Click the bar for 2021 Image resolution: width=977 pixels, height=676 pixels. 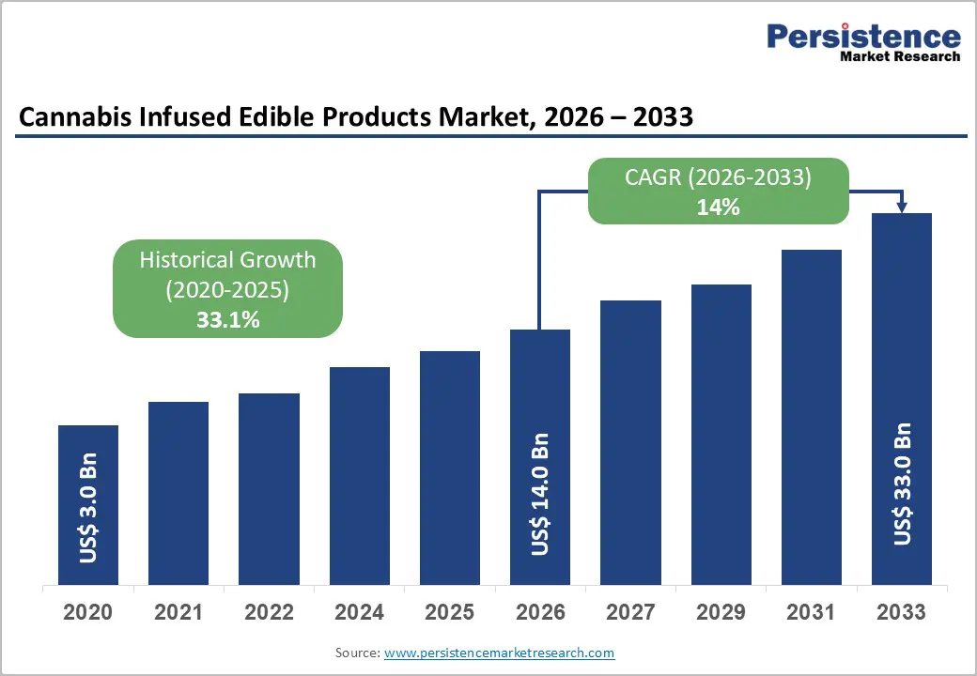(178, 493)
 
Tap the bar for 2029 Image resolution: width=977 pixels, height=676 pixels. (721, 435)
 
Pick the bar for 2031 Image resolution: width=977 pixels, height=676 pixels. (811, 418)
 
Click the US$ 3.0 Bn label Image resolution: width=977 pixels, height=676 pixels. (88, 510)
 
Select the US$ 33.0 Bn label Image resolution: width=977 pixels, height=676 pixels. (902, 484)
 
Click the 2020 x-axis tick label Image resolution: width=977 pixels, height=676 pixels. (88, 612)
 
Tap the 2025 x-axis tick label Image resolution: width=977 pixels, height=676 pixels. (449, 612)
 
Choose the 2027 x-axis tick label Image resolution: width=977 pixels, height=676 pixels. (630, 612)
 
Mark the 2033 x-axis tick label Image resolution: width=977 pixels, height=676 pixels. (902, 612)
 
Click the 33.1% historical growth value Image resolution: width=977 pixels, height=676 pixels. (227, 320)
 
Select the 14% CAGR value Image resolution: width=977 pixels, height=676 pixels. (718, 207)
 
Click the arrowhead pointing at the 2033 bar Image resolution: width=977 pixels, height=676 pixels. (902, 206)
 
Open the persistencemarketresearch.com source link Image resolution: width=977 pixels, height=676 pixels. (500, 653)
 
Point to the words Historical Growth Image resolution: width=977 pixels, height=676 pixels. (227, 260)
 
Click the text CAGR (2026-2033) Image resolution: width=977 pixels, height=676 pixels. (718, 177)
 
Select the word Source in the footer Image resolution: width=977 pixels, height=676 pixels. (357, 653)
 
